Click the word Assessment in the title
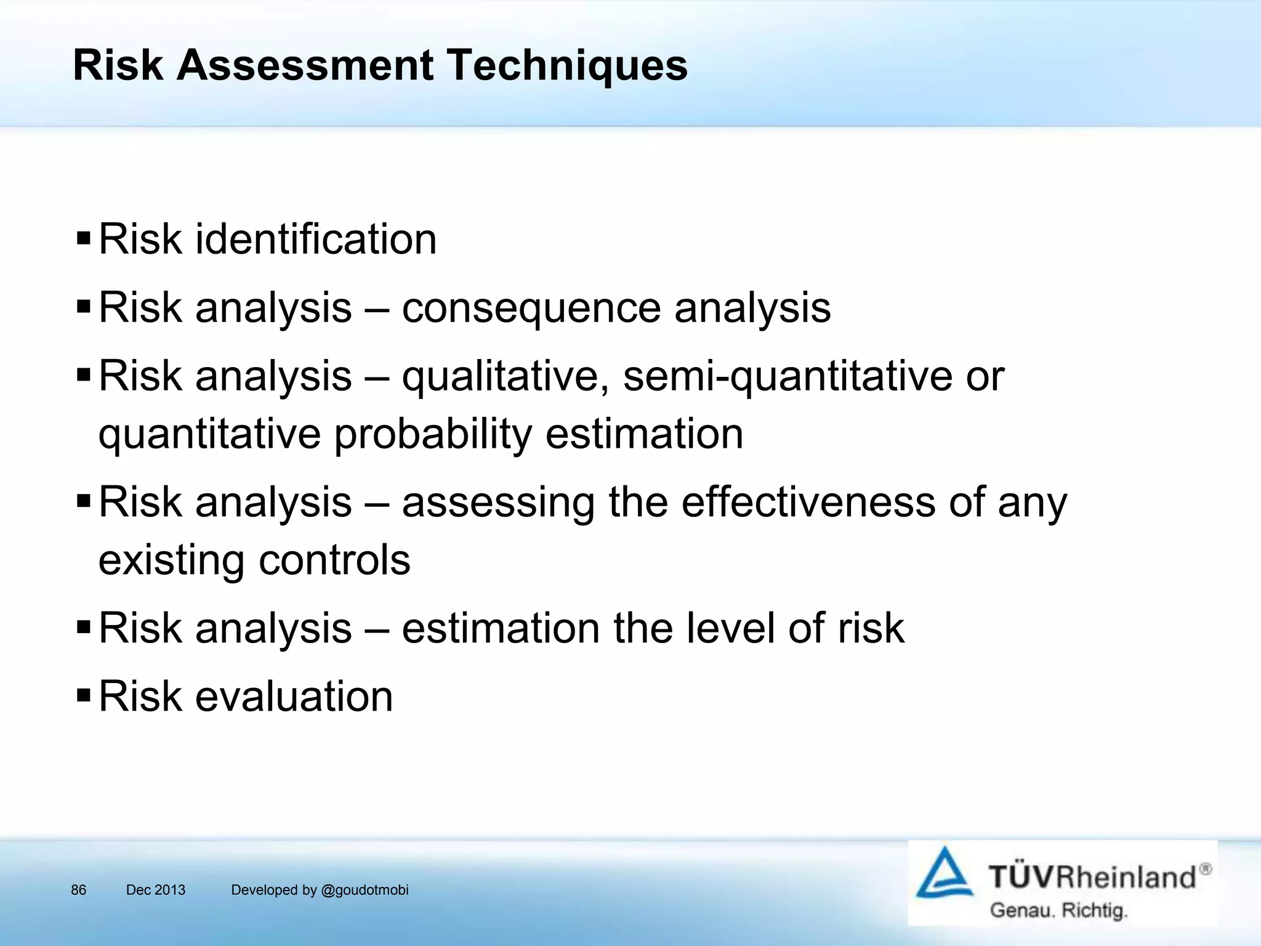[x=305, y=65]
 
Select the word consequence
[x=531, y=308]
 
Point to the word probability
[x=432, y=434]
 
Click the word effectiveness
[x=808, y=502]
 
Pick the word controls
[x=334, y=560]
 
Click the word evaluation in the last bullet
[x=294, y=697]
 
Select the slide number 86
[x=79, y=890]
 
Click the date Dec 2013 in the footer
[x=155, y=890]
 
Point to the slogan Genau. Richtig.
[x=1058, y=910]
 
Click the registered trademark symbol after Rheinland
[x=1205, y=869]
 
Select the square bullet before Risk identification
[x=84, y=238]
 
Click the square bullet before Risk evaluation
[x=84, y=696]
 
